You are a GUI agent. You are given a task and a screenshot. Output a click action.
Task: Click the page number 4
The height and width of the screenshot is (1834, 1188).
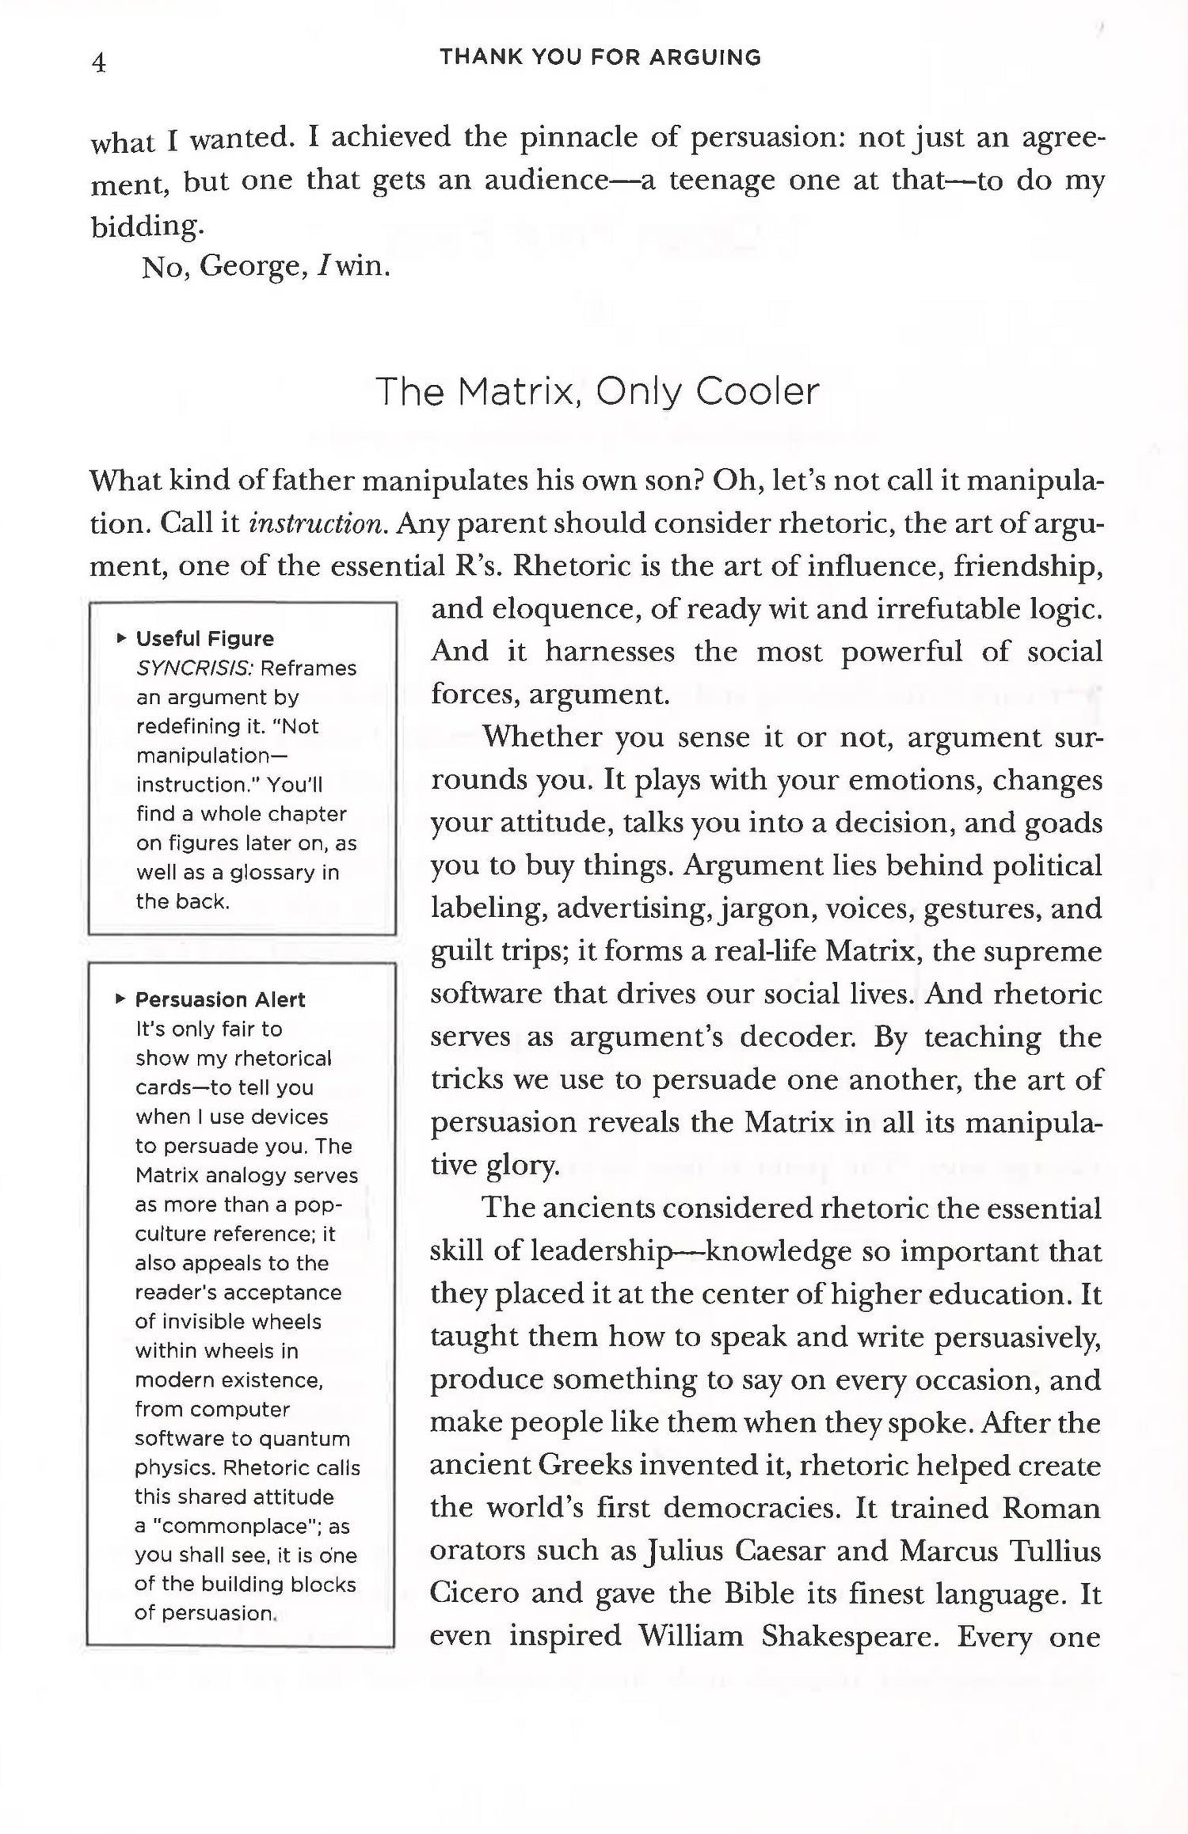click(x=99, y=63)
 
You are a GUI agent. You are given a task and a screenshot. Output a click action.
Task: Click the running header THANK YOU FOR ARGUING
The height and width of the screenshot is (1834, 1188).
click(x=600, y=57)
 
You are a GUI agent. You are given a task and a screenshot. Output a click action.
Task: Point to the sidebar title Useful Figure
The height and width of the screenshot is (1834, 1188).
click(x=205, y=638)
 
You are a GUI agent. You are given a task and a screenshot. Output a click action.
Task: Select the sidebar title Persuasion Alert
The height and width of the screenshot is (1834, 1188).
click(x=220, y=999)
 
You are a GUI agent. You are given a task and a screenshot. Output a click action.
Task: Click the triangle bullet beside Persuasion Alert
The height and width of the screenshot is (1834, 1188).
click(x=120, y=999)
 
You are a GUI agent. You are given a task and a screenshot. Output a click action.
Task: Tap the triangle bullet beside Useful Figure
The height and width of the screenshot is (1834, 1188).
click(x=120, y=638)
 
